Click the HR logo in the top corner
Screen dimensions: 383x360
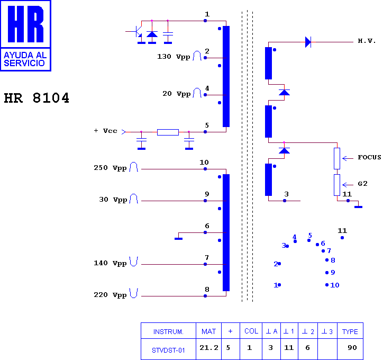(x=25, y=35)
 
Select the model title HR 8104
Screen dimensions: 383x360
(x=37, y=98)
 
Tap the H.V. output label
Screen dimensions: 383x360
(x=367, y=41)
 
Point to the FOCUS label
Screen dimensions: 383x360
(x=369, y=157)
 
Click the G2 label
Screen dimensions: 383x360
(x=362, y=184)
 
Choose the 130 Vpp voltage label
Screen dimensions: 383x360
(x=174, y=57)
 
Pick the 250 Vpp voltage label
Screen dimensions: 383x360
(x=110, y=168)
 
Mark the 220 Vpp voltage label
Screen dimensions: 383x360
(x=110, y=295)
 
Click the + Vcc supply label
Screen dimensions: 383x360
(x=105, y=131)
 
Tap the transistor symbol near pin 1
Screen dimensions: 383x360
(x=137, y=32)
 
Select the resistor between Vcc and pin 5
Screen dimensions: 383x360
(x=168, y=132)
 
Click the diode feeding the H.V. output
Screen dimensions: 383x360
(x=308, y=42)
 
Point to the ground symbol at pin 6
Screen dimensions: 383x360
(x=179, y=239)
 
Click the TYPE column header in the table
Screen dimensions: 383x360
(x=350, y=331)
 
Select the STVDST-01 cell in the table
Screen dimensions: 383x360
(x=168, y=350)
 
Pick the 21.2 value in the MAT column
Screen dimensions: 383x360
(x=209, y=347)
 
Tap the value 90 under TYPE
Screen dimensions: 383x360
(x=352, y=347)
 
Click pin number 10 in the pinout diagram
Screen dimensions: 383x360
(x=335, y=285)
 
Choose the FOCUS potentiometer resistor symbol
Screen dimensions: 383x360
(x=337, y=158)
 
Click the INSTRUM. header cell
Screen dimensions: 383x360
(x=168, y=331)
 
